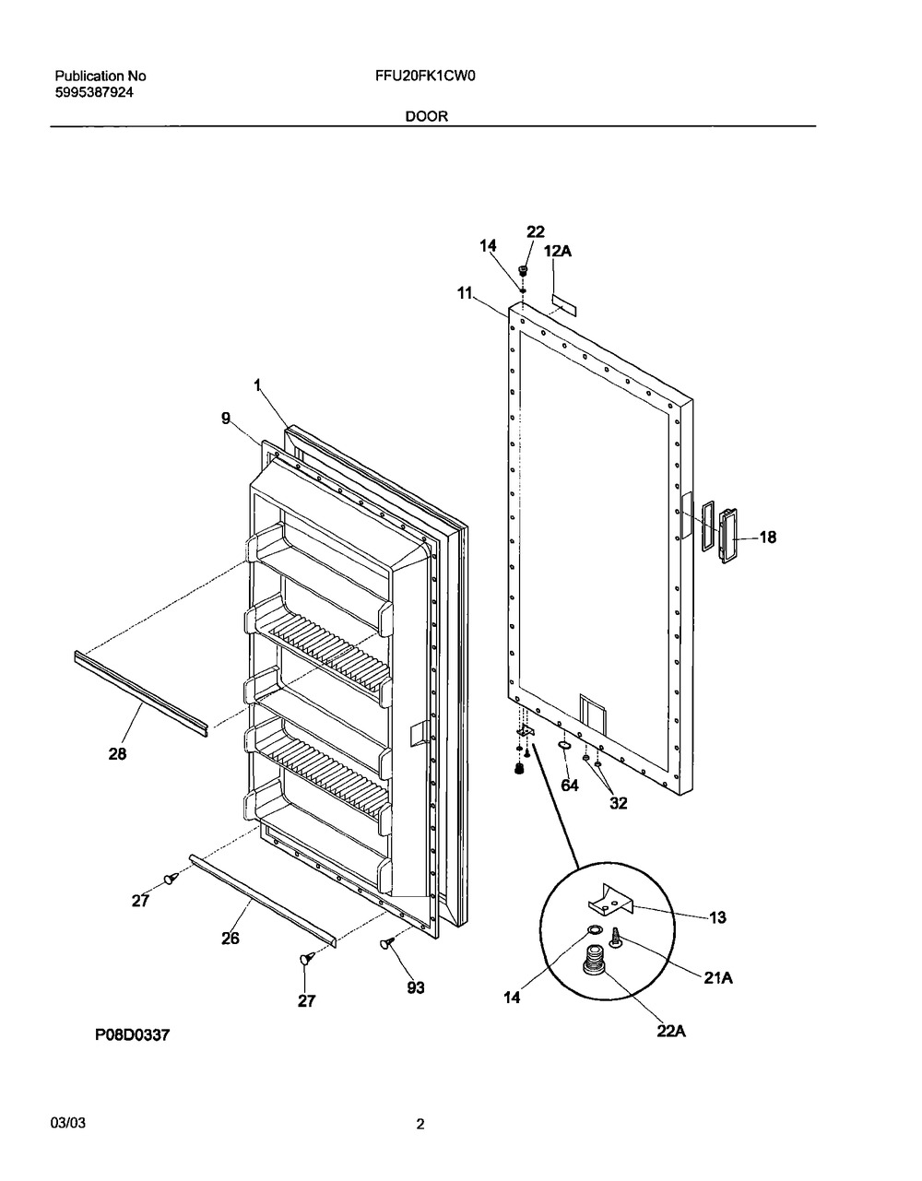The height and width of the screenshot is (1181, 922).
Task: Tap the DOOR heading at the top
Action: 427,117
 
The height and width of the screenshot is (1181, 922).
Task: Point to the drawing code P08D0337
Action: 133,1035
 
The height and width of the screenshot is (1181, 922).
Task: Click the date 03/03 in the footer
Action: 67,1124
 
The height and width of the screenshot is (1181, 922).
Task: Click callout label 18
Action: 767,537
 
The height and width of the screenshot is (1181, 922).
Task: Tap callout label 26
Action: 230,938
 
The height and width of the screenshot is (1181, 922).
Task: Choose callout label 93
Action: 416,987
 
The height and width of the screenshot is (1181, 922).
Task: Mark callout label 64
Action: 570,785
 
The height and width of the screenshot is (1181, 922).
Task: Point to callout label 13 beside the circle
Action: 718,917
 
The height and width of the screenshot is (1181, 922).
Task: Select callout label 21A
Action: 718,979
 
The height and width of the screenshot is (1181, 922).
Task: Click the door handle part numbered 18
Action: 728,535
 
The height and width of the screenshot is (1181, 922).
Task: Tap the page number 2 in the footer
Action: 420,1124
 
